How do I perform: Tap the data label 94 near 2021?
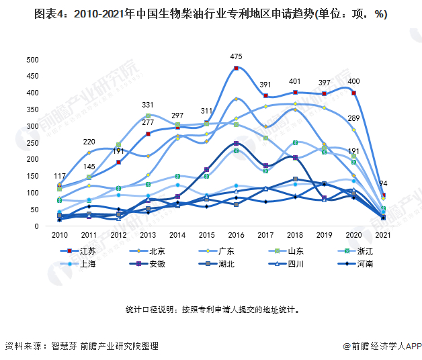coord(383,183)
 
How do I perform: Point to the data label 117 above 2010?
coord(60,176)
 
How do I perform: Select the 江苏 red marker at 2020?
coord(354,93)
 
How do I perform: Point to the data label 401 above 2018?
coord(295,81)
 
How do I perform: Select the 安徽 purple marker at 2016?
coord(236,143)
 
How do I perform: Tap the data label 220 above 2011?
coord(89,142)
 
